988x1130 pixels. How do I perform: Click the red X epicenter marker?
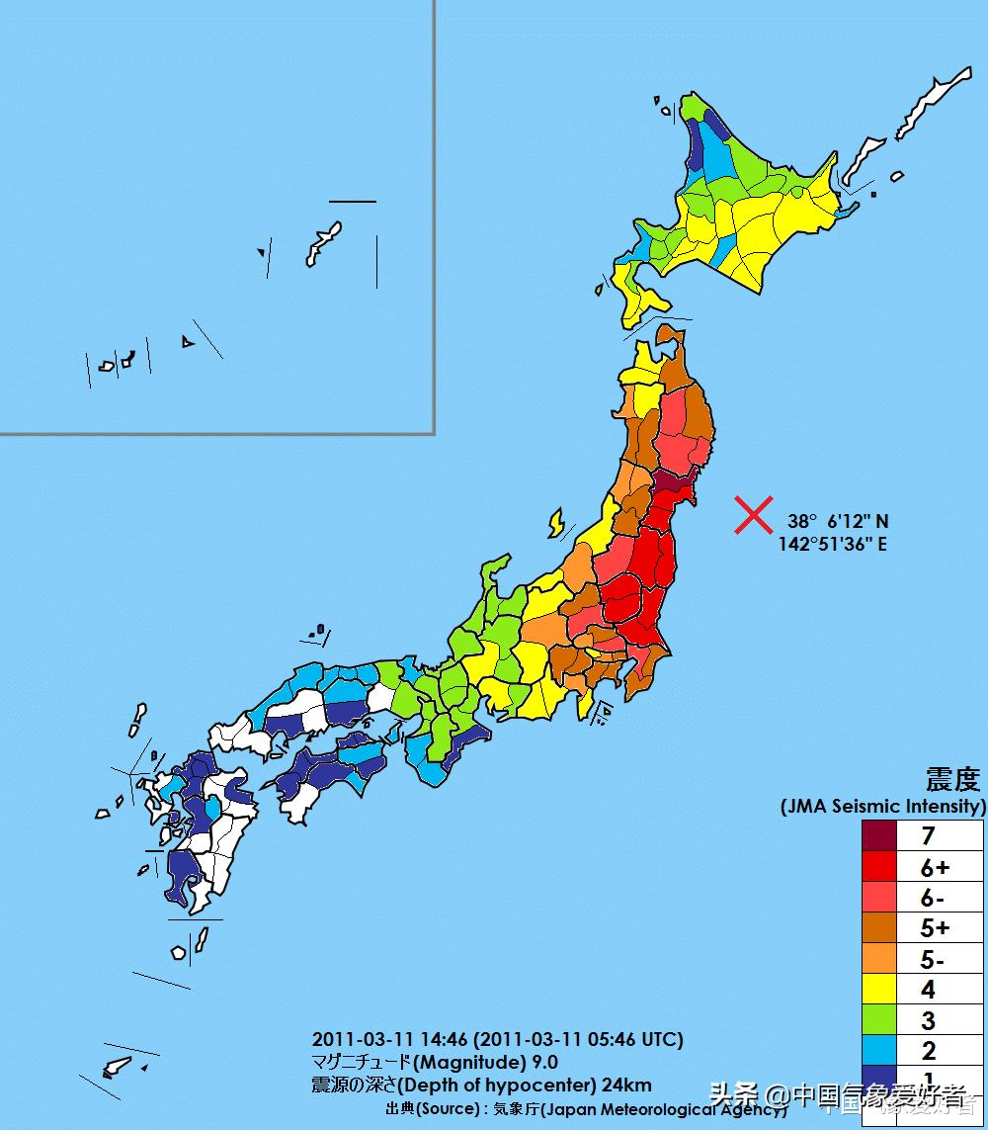pyautogui.click(x=753, y=515)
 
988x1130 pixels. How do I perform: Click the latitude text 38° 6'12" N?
pyautogui.click(x=838, y=521)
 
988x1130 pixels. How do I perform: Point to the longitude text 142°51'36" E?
pyautogui.click(x=832, y=544)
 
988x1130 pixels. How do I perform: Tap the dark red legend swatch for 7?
pyautogui.click(x=877, y=835)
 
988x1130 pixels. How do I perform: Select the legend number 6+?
pyautogui.click(x=934, y=867)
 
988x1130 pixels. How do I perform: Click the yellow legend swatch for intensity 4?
pyautogui.click(x=877, y=989)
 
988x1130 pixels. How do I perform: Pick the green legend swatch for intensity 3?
pyautogui.click(x=877, y=1019)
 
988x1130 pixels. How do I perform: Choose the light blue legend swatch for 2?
pyautogui.click(x=877, y=1050)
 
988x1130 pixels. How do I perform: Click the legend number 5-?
pyautogui.click(x=934, y=958)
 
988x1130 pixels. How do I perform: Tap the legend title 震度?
pyautogui.click(x=952, y=780)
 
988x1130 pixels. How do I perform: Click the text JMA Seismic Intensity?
pyautogui.click(x=883, y=807)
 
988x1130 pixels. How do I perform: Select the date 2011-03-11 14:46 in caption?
pyautogui.click(x=390, y=1040)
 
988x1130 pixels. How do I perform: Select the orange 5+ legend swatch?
pyautogui.click(x=877, y=927)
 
